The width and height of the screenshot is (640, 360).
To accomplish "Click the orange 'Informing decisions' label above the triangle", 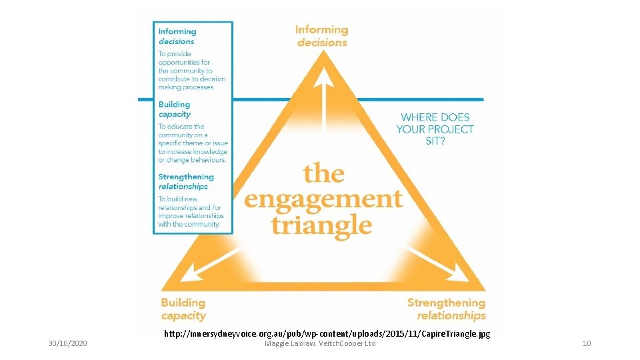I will click(322, 36).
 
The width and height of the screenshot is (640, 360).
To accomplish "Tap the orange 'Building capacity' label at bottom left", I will click(183, 309).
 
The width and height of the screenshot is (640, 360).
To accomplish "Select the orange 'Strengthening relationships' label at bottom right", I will click(447, 309).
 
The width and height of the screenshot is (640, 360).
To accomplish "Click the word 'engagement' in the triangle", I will click(323, 199).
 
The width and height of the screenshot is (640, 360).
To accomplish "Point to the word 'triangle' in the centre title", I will click(321, 224).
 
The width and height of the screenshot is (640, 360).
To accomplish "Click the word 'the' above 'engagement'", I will click(324, 173).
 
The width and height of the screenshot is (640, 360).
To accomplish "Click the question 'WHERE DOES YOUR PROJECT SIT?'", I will click(435, 129).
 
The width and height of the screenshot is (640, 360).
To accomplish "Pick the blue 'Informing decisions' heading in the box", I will click(177, 36).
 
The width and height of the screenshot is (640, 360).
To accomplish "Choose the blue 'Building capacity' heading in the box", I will click(175, 109).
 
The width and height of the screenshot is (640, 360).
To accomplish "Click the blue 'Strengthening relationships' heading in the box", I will click(186, 181).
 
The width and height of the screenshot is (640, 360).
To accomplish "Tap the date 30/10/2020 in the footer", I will click(68, 343).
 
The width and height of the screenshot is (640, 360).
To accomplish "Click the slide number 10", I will click(587, 343).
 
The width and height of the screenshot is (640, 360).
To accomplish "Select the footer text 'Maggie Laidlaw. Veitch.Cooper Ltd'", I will click(320, 343).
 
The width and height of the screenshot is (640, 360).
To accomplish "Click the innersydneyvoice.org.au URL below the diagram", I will click(327, 333).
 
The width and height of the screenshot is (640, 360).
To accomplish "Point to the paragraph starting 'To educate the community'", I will click(193, 143).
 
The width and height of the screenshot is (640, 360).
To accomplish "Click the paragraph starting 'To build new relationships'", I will click(191, 211).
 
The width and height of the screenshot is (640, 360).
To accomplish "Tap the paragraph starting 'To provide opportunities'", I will click(192, 71).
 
